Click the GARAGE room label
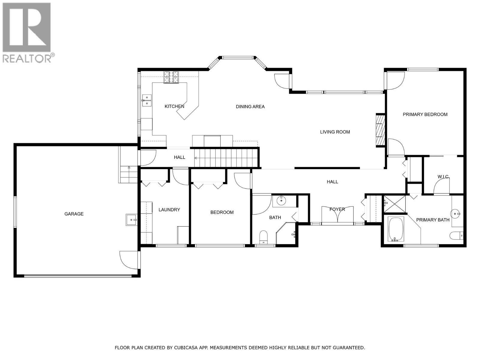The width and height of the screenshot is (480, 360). [74, 214]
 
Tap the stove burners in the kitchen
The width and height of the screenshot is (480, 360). [171, 77]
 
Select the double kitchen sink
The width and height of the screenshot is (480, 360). [147, 100]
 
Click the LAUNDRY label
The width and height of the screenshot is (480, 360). [169, 210]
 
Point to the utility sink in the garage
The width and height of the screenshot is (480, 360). [131, 220]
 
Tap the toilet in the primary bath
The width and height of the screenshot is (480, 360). [456, 235]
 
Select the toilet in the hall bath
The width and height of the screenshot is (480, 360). [263, 237]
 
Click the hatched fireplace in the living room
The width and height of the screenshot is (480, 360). [380, 130]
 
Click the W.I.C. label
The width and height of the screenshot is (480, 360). [443, 177]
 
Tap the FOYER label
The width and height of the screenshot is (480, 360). [337, 209]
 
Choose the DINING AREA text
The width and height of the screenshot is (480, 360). [250, 106]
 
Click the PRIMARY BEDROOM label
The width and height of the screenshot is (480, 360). [425, 114]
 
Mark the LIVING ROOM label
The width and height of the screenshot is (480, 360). [335, 132]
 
